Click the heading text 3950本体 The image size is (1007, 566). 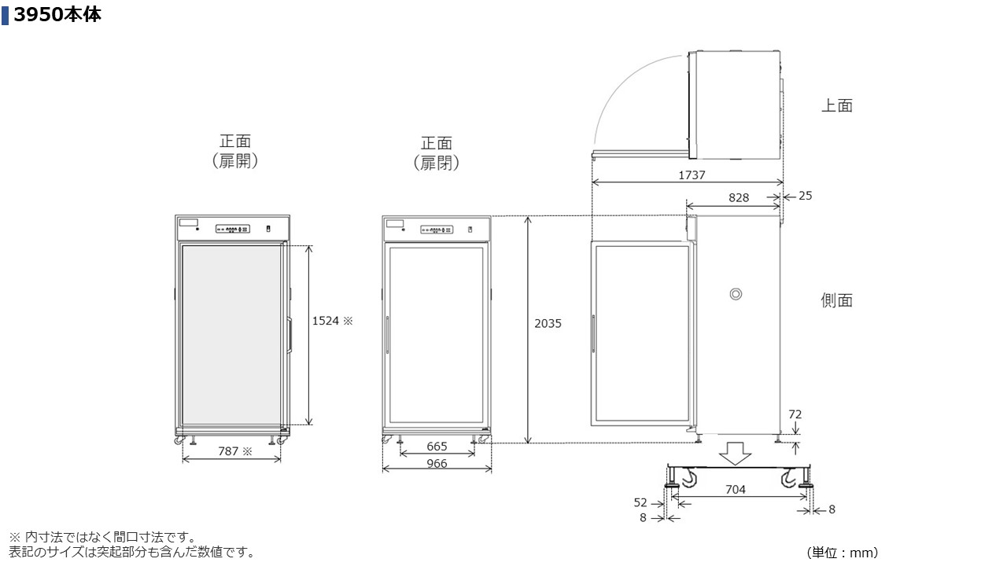click(57, 15)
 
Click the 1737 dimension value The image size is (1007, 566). click(692, 175)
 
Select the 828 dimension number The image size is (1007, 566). click(739, 197)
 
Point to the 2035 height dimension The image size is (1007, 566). click(548, 323)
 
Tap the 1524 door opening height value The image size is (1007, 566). click(326, 321)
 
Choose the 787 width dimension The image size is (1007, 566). click(228, 451)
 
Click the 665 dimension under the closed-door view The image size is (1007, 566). click(437, 447)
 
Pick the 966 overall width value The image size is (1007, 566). click(437, 464)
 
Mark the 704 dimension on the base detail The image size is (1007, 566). click(736, 489)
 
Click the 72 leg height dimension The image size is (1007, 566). click(795, 414)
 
